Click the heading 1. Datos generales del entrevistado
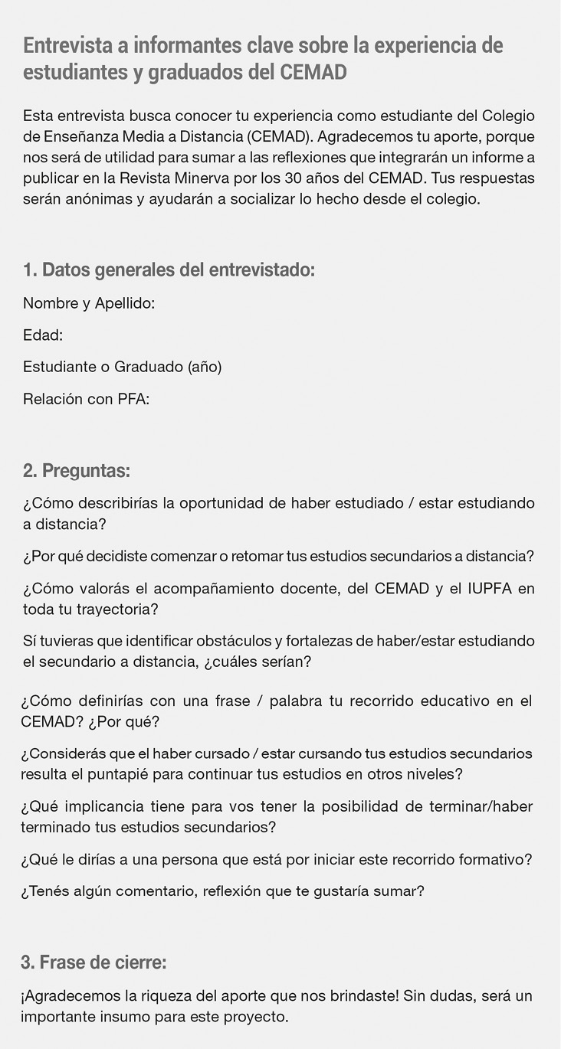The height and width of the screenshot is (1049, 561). coord(169,270)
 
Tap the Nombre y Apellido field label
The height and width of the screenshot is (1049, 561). coord(89,303)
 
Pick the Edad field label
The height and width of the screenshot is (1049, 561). coord(43,335)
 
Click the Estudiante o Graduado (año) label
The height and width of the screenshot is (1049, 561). coord(123,367)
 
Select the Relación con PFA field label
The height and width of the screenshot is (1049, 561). coord(86,399)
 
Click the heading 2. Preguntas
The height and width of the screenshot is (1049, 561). coord(77,470)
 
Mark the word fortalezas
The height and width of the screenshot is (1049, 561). coord(349,640)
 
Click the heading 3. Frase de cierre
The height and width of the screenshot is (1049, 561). coord(93,962)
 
